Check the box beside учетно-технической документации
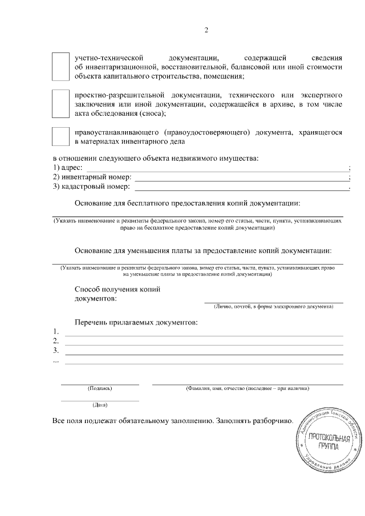click(x=60, y=67)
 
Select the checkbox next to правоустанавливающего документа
click(x=60, y=136)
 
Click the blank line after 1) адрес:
click(x=217, y=170)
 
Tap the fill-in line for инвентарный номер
click(x=242, y=178)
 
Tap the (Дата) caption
click(x=100, y=405)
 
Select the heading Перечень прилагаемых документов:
click(x=136, y=323)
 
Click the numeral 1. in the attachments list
click(x=56, y=332)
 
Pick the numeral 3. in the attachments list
click(x=56, y=350)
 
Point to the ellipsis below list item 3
click(x=55, y=360)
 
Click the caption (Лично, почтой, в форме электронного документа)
click(x=274, y=307)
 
